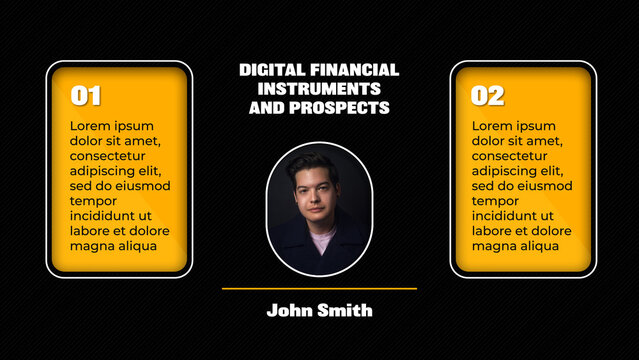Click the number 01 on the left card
[86, 96]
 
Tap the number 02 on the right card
[488, 96]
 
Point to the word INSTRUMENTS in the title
[319, 88]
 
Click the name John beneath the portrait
[289, 311]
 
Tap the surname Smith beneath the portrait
[346, 311]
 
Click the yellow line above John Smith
[319, 289]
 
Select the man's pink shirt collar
[322, 240]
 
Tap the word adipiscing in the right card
[509, 171]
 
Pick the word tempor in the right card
[496, 201]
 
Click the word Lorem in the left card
[90, 126]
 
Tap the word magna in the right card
[495, 246]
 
